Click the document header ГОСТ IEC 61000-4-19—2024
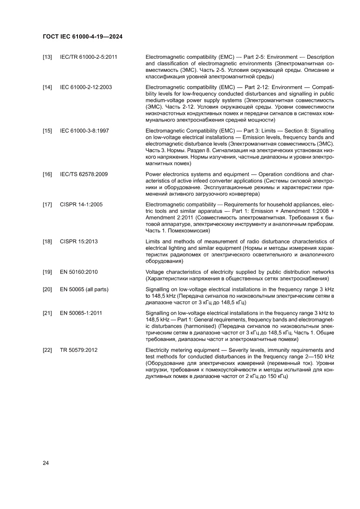[x=82, y=37]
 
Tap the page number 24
[x=46, y=463]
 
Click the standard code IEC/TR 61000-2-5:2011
[x=89, y=57]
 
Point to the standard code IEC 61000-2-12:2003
[x=86, y=87]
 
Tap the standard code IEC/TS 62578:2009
[x=84, y=174]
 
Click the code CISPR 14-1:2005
[x=81, y=204]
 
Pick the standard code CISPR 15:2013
[x=79, y=242]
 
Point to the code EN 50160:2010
[x=79, y=272]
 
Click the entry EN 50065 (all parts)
[x=84, y=290]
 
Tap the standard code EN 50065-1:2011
[x=81, y=313]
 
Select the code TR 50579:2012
[x=79, y=350]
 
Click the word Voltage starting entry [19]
[x=155, y=272]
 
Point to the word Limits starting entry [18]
[x=154, y=242]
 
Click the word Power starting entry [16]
[x=154, y=174]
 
